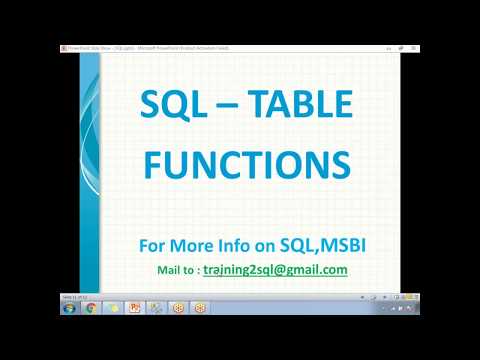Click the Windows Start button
[x=68, y=307]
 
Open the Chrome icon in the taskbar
[x=91, y=307]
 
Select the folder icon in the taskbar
[x=113, y=307]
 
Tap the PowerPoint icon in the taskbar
[x=135, y=307]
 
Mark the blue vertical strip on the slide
[x=89, y=170]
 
